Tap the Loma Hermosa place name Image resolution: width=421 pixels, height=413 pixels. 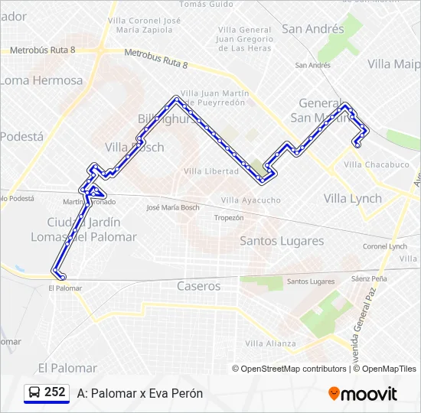[41, 80]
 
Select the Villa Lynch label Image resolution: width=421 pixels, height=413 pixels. [352, 198]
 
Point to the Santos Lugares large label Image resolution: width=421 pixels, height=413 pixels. [282, 241]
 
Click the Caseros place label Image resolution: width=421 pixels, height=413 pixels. [198, 286]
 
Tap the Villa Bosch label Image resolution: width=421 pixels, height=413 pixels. [135, 148]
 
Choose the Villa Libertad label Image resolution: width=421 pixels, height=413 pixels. [211, 171]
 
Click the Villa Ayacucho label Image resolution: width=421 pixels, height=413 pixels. [250, 200]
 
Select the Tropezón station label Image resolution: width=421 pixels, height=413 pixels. [229, 218]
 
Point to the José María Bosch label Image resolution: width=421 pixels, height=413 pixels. [173, 207]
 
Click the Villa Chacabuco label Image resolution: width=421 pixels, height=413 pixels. [377, 164]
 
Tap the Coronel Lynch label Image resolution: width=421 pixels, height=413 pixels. [385, 246]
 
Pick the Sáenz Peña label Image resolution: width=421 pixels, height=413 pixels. [370, 279]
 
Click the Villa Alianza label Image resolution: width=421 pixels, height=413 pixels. [270, 343]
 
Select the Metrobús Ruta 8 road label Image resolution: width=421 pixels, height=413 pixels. [43, 50]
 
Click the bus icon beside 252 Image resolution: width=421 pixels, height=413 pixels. [34, 393]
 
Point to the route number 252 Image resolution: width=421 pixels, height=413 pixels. [55, 392]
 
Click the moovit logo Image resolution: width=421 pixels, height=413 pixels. [363, 394]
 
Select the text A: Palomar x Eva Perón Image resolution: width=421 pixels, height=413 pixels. [140, 393]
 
